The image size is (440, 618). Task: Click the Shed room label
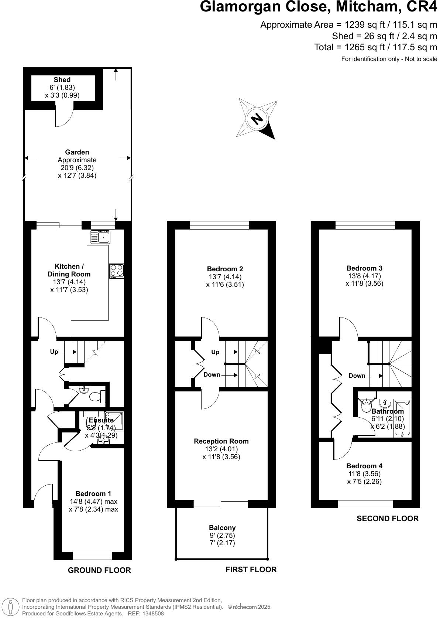[62, 80]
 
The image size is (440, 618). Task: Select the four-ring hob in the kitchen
[117, 271]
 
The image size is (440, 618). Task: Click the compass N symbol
[257, 119]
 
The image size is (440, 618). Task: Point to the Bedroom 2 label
[225, 269]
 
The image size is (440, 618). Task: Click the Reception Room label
[221, 441]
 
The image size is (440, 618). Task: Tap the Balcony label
[222, 528]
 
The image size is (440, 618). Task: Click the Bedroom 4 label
[364, 466]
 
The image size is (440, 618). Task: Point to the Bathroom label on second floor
[387, 411]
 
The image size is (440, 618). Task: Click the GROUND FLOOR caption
[99, 570]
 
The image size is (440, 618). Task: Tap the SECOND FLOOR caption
[387, 519]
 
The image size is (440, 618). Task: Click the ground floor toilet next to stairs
[97, 397]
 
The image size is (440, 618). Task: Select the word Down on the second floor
[357, 376]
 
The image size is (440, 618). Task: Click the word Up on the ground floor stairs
[54, 352]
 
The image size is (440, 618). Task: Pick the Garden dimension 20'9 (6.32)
[77, 168]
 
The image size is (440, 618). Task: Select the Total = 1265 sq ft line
[375, 47]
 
